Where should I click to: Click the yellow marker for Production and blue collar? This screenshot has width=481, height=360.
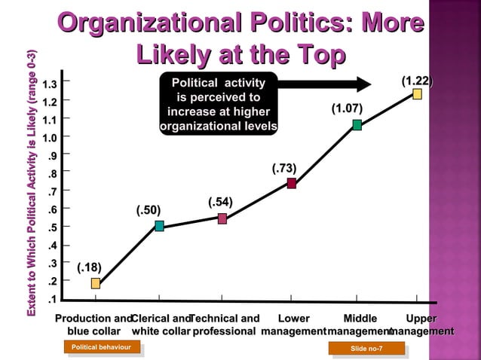click(x=96, y=283)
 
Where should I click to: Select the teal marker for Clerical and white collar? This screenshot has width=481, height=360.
click(x=160, y=226)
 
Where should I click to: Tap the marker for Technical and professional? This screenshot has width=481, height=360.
click(x=222, y=218)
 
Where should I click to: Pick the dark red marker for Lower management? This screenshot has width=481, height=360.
click(x=291, y=183)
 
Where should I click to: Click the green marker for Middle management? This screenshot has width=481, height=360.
click(x=357, y=125)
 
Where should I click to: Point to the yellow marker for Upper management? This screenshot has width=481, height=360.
click(x=417, y=94)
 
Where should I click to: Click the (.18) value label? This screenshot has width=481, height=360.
click(x=90, y=267)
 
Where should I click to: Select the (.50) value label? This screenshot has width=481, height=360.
click(x=149, y=209)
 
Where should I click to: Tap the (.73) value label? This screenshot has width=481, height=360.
click(x=284, y=167)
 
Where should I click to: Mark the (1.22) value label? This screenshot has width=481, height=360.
click(x=416, y=80)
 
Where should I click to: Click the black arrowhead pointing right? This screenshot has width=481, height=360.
click(x=363, y=83)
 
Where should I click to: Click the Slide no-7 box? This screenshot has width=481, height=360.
click(x=366, y=348)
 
